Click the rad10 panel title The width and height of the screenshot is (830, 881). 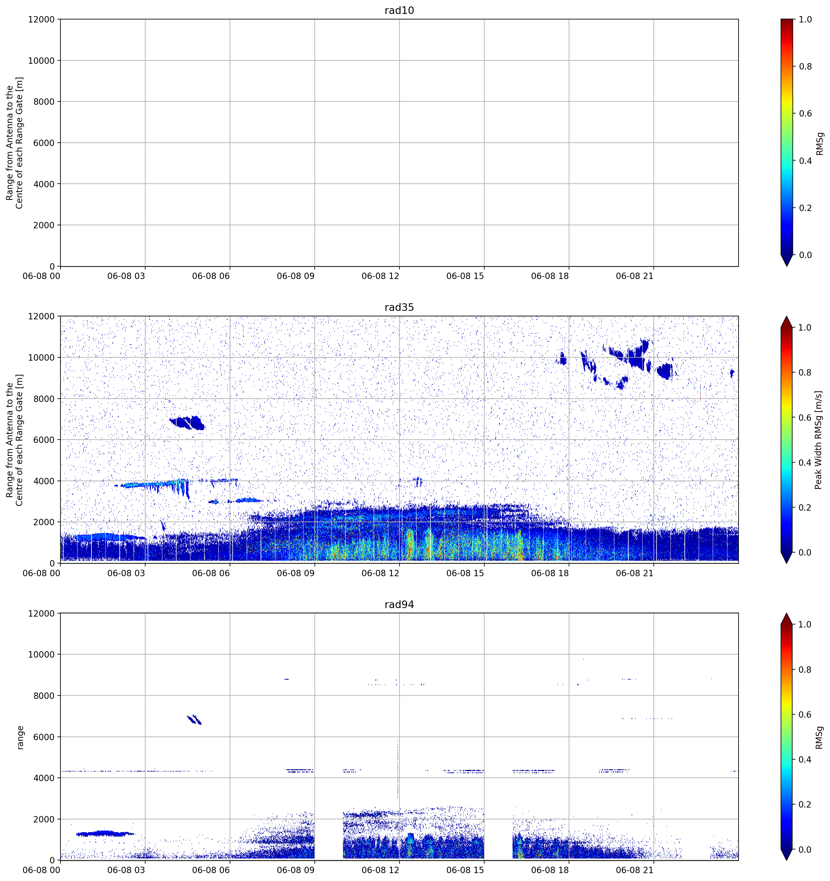399,10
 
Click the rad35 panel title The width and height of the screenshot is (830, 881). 399,308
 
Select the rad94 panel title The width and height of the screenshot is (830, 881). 399,604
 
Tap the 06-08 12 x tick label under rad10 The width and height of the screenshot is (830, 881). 380,276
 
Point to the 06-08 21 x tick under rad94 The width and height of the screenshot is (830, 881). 635,870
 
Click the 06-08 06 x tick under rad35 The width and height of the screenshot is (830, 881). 211,573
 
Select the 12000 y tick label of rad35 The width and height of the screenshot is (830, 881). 41,316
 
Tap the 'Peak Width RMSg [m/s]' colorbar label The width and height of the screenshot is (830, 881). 818,440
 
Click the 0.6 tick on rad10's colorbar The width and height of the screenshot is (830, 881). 806,114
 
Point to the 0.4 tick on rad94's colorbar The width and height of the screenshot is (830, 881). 806,760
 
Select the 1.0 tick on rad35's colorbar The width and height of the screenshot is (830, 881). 806,328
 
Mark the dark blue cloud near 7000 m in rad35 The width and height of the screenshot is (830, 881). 187,423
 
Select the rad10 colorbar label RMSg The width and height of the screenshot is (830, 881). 819,144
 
